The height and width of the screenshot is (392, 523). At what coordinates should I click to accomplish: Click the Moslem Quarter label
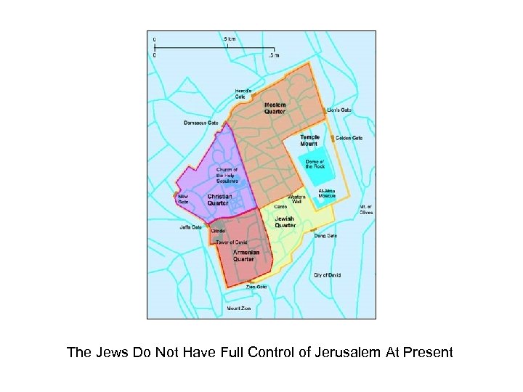click(275, 108)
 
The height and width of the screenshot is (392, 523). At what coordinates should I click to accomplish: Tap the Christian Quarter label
click(219, 200)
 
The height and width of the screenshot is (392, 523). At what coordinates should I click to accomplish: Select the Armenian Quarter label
click(246, 256)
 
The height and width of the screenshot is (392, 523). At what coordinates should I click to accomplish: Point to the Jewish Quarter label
click(285, 222)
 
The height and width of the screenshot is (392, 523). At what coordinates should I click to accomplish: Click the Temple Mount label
click(309, 140)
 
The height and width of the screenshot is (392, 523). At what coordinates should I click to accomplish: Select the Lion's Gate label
click(340, 110)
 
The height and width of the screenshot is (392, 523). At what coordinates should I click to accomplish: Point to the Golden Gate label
click(349, 138)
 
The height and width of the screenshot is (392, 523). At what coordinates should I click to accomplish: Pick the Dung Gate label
click(325, 235)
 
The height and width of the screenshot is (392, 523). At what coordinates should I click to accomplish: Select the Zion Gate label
click(256, 287)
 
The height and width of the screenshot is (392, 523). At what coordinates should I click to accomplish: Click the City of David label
click(327, 276)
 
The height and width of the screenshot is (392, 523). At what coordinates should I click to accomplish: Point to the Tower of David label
click(232, 242)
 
